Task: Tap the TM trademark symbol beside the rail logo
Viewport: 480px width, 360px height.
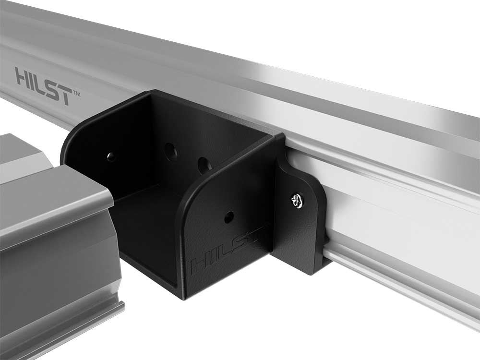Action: click(76, 94)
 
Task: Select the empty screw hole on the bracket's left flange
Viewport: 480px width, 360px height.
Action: click(111, 157)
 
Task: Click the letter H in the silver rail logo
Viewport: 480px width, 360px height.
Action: click(23, 76)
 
